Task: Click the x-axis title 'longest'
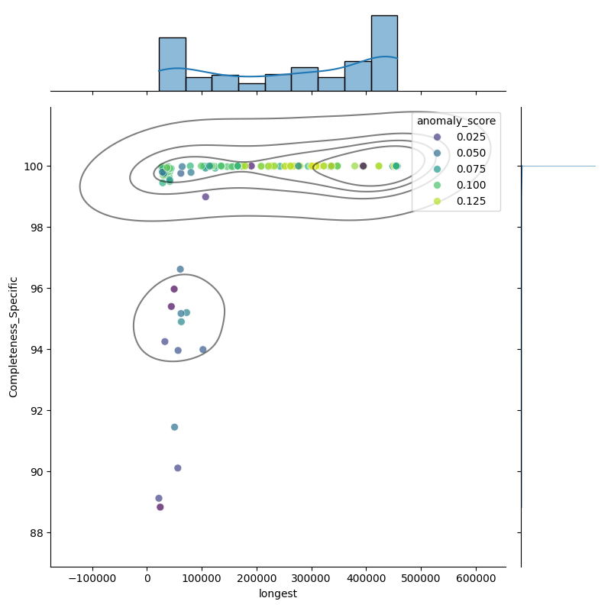(278, 593)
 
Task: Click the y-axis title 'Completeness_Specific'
(14, 337)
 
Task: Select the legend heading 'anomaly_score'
(456, 121)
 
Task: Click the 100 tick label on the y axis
(34, 166)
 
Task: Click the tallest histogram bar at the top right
(384, 53)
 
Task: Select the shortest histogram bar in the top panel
(251, 86)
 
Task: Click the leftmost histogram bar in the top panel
(172, 64)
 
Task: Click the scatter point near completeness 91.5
(174, 427)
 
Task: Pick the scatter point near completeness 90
(178, 468)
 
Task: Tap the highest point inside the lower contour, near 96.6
(180, 269)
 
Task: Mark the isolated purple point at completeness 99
(205, 196)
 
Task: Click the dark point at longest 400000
(363, 166)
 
